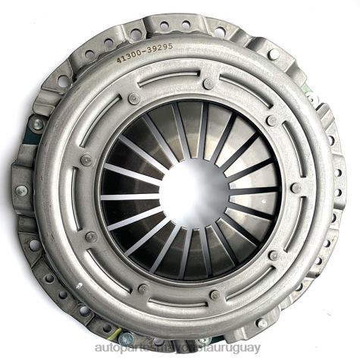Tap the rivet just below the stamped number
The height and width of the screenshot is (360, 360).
(x=134, y=98)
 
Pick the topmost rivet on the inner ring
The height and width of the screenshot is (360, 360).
(x=208, y=83)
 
